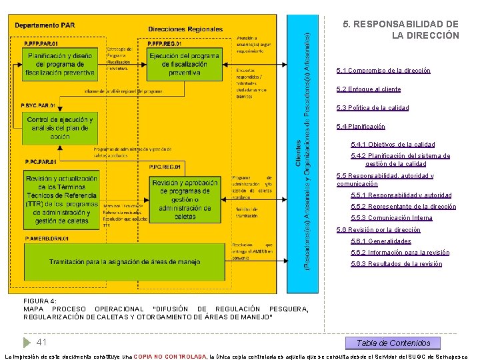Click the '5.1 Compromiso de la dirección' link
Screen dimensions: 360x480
[x=383, y=71]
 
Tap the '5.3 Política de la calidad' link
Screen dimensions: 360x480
[x=373, y=108]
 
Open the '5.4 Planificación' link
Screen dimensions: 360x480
[x=361, y=127]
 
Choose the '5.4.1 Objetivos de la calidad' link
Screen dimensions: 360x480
[x=392, y=145]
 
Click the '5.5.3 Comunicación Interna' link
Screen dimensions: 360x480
[x=391, y=218]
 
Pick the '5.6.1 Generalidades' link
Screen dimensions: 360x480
[x=381, y=241]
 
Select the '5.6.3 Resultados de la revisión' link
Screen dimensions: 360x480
[x=396, y=264]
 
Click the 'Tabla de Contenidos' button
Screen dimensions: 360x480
[x=393, y=343]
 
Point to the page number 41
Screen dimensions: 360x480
[x=41, y=342]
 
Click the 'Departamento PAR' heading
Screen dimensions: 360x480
[x=45, y=25]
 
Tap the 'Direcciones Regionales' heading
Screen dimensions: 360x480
[x=185, y=29]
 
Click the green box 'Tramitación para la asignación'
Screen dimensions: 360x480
[x=124, y=262]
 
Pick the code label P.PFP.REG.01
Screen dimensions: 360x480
[x=165, y=43]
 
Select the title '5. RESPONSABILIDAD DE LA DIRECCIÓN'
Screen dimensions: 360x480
[x=401, y=29]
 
